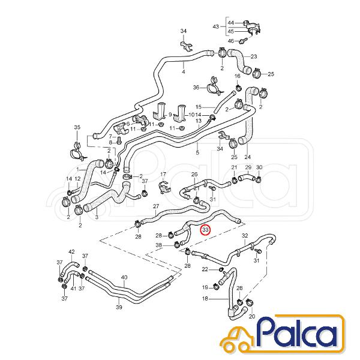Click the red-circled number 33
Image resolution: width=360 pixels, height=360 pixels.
(x=205, y=230)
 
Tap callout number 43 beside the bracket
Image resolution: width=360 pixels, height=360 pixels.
(x=216, y=27)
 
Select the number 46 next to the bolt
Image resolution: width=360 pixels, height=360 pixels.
(x=231, y=41)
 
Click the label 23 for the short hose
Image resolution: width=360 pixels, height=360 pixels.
(x=254, y=56)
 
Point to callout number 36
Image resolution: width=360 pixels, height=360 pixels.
(x=196, y=88)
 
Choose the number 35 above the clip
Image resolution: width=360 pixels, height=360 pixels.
(x=77, y=127)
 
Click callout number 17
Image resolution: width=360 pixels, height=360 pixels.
(x=163, y=174)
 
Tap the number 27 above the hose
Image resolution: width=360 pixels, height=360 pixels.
(x=156, y=206)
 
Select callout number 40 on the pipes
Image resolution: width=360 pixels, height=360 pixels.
(x=124, y=277)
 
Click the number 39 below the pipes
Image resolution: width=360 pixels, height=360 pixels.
(x=119, y=307)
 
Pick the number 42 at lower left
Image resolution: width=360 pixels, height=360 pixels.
(x=71, y=251)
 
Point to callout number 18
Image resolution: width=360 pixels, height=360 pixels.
(x=205, y=299)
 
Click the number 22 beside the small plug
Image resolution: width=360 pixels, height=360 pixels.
(x=205, y=269)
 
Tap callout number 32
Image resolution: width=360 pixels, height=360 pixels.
(x=245, y=236)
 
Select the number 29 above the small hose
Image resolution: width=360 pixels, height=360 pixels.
(x=248, y=167)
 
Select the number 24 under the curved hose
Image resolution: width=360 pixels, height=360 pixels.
(x=247, y=157)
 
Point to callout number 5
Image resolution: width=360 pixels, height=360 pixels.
(x=197, y=152)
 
